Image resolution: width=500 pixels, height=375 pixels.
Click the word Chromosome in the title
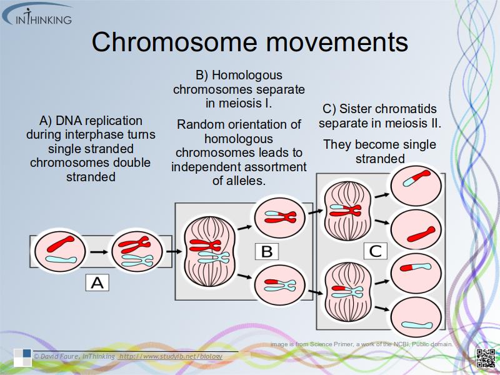point(173,42)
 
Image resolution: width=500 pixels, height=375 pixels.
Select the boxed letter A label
point(97,282)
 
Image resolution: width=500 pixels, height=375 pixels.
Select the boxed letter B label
point(267,251)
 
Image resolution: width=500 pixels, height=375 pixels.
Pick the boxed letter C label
point(375,251)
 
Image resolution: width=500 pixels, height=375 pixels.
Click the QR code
point(486,358)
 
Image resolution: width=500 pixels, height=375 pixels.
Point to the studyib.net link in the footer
point(171,356)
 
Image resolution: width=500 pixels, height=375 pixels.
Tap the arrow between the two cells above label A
point(98,252)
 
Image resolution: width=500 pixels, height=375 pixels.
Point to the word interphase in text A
point(121,134)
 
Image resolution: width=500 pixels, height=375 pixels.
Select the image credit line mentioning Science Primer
point(361,344)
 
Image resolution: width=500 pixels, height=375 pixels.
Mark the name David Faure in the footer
point(60,356)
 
